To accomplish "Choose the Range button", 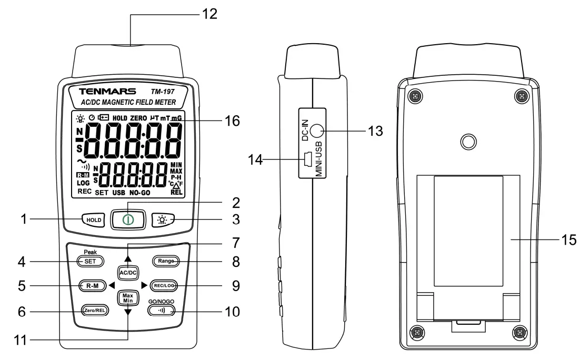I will pos(164,261).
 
